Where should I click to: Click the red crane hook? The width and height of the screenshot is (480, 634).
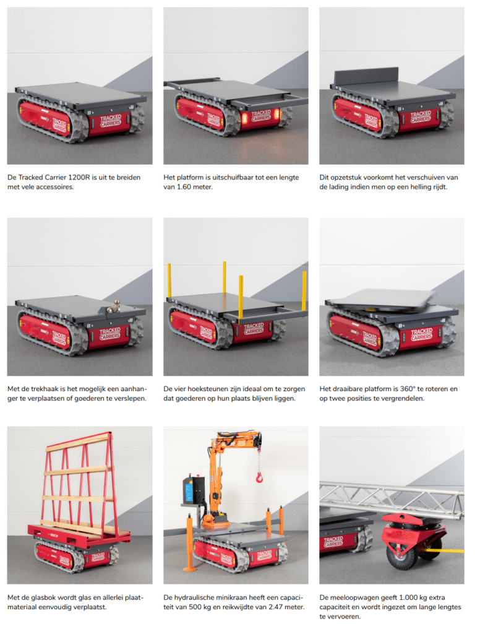coord(259,478)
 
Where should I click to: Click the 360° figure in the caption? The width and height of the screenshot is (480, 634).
coord(408,389)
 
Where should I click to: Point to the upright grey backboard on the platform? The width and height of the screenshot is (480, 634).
coord(366,76)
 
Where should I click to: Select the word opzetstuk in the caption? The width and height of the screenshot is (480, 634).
coord(345,177)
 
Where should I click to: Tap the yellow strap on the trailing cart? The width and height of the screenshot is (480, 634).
coord(445,550)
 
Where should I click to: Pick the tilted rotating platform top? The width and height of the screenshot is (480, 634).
coord(382,300)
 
